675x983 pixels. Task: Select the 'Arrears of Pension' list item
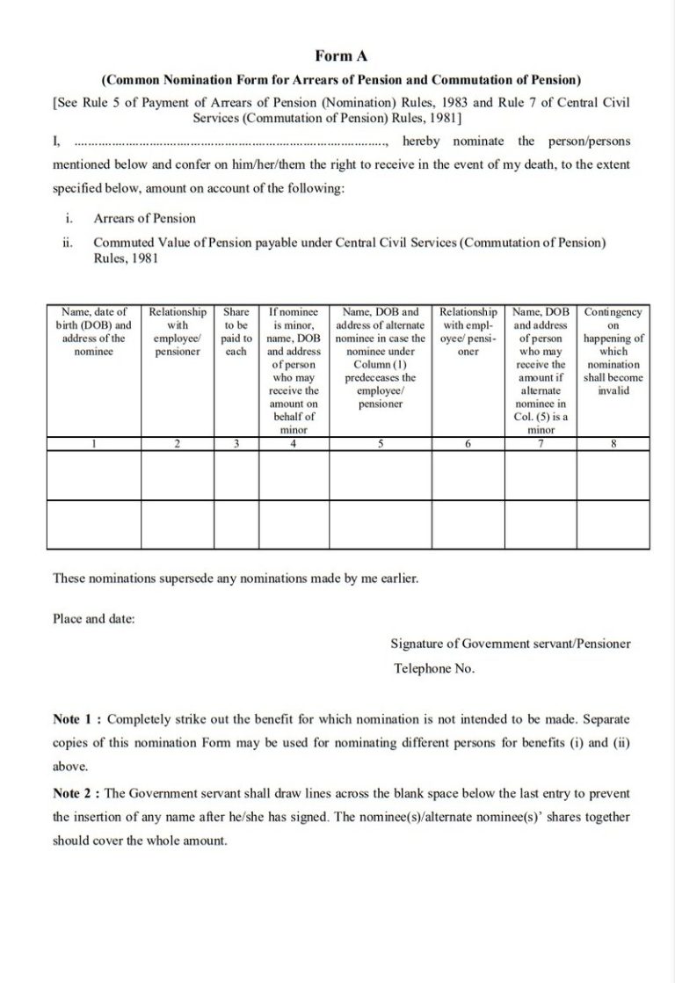144,218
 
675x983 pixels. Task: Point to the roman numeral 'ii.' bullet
68,242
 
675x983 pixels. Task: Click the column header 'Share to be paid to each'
236,331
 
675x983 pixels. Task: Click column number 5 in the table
381,444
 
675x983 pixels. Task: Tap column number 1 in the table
94,444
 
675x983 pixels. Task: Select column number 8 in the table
613,444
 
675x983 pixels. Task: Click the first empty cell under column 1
94,475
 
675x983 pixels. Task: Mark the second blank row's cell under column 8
613,523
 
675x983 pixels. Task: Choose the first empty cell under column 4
294,475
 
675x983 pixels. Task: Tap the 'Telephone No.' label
434,668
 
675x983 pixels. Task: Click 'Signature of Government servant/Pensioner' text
510,644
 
